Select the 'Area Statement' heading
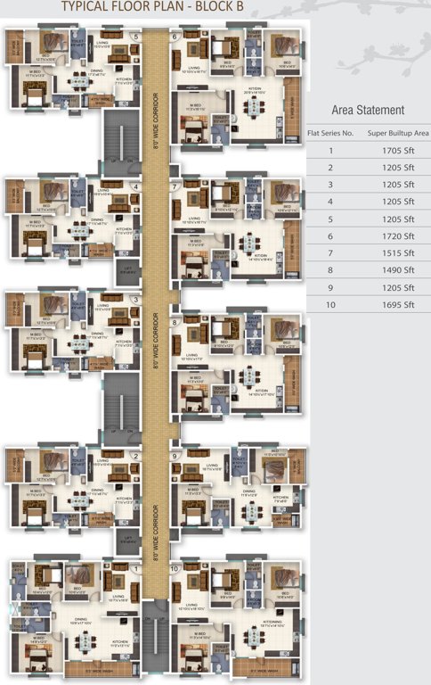(368, 110)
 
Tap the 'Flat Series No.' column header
(330, 132)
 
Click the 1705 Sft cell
(397, 150)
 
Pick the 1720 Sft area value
(397, 236)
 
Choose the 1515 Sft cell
(397, 253)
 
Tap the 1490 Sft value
(397, 270)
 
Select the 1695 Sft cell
(397, 305)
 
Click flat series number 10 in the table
(330, 305)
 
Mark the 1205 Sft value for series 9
(397, 288)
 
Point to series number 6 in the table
(330, 236)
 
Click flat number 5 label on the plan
(135, 37)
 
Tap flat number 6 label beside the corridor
(174, 37)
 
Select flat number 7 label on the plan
(174, 186)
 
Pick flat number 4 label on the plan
(135, 186)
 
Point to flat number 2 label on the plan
(135, 456)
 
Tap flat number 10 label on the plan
(175, 568)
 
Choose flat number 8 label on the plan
(175, 322)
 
